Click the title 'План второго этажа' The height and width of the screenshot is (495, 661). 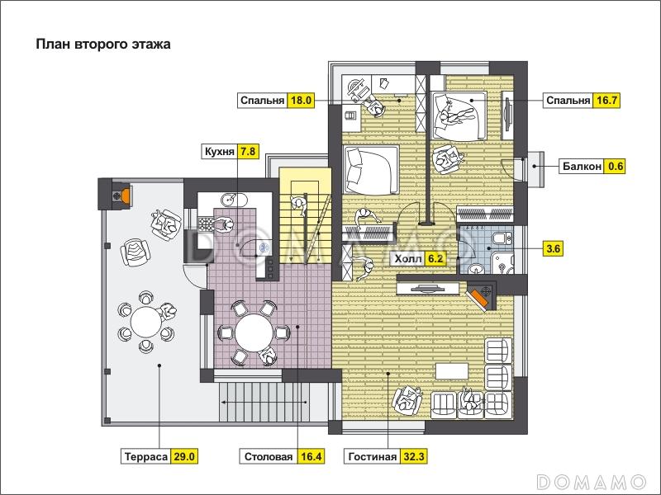click(x=103, y=45)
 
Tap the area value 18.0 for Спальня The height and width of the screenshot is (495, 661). click(x=301, y=101)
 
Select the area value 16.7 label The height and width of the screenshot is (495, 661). click(x=607, y=101)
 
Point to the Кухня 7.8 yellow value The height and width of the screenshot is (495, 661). click(x=247, y=151)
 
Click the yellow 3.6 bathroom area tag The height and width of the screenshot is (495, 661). click(x=553, y=249)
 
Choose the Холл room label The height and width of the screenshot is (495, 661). click(x=407, y=258)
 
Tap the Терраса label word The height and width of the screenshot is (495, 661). click(x=146, y=457)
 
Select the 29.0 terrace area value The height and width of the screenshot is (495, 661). click(x=184, y=457)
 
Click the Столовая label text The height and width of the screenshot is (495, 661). click(x=269, y=457)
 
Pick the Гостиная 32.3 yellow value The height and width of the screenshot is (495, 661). click(x=414, y=457)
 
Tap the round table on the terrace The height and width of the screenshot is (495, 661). click(x=146, y=322)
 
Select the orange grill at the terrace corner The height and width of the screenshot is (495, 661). click(x=124, y=195)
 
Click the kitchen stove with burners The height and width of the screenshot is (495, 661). click(x=205, y=224)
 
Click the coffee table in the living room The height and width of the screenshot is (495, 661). click(x=452, y=371)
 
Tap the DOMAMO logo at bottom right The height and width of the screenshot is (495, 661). click(x=592, y=481)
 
